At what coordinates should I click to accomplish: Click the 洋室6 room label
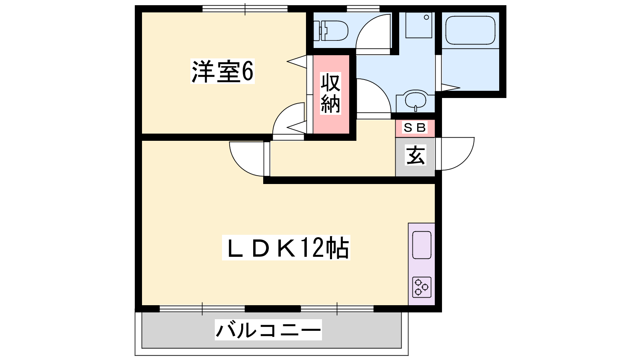pyautogui.click(x=222, y=72)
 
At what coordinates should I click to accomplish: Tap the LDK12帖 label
pyautogui.click(x=286, y=248)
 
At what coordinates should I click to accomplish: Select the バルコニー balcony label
pyautogui.click(x=268, y=330)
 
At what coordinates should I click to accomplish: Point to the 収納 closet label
pyautogui.click(x=330, y=94)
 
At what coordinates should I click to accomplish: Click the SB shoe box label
pyautogui.click(x=415, y=128)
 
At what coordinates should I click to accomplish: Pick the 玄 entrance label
pyautogui.click(x=416, y=155)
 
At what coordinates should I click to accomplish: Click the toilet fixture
pyautogui.click(x=331, y=30)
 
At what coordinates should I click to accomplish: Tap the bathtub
pyautogui.click(x=470, y=30)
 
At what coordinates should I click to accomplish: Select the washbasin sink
pyautogui.click(x=416, y=100)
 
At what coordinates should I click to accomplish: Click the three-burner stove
pyautogui.click(x=422, y=287)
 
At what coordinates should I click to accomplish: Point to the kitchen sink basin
pyautogui.click(x=422, y=245)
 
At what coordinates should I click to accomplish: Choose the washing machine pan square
pyautogui.click(x=419, y=25)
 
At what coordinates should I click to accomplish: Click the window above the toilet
pyautogui.click(x=363, y=8)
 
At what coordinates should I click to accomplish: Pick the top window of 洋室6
pyautogui.click(x=245, y=9)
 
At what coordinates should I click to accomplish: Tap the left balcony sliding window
pyautogui.click(x=202, y=309)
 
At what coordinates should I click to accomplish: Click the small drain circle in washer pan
pyautogui.click(x=426, y=17)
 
